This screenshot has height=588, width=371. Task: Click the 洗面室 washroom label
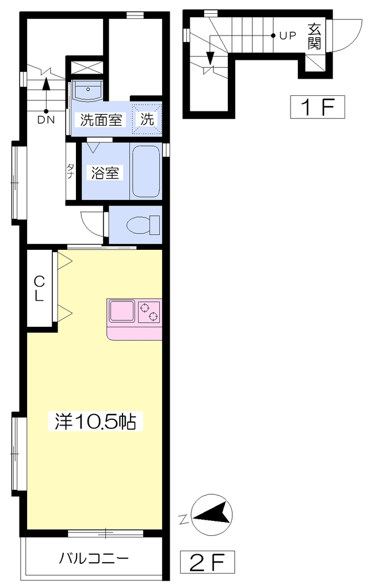[101, 119]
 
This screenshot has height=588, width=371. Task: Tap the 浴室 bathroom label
[105, 173]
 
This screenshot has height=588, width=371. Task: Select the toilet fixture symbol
[143, 225]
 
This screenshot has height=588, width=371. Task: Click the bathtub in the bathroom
[147, 171]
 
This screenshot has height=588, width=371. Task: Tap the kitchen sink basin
[122, 311]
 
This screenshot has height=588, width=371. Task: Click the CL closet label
[39, 288]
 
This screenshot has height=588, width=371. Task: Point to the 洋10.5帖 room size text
[95, 422]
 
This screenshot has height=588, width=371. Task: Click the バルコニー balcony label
[94, 558]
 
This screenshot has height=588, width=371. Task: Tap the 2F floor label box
[207, 562]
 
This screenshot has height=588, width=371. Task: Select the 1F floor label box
[318, 107]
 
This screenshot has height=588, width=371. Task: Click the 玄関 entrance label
[314, 36]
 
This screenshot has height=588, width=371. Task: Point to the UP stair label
[288, 36]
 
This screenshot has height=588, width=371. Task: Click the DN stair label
[46, 120]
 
